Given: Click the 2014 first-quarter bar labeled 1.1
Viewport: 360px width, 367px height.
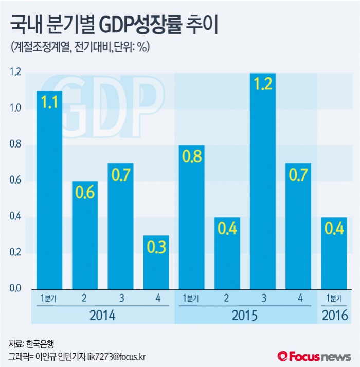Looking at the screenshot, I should coord(49,190).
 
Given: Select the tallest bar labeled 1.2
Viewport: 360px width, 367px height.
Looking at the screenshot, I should coord(263,180).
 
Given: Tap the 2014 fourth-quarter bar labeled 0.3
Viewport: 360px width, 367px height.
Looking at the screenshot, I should coord(156,262).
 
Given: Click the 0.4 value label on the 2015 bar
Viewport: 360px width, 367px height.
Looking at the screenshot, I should coord(227,228).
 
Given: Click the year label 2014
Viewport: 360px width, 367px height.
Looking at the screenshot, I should coord(102,315).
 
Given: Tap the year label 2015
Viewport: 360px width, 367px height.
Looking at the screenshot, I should coord(244,315).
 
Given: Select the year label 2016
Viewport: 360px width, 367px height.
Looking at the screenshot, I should coord(334,315).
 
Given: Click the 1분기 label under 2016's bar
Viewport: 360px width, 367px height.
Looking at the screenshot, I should coord(334,298).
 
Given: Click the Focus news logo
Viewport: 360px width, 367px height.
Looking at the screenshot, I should coord(314,356).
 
